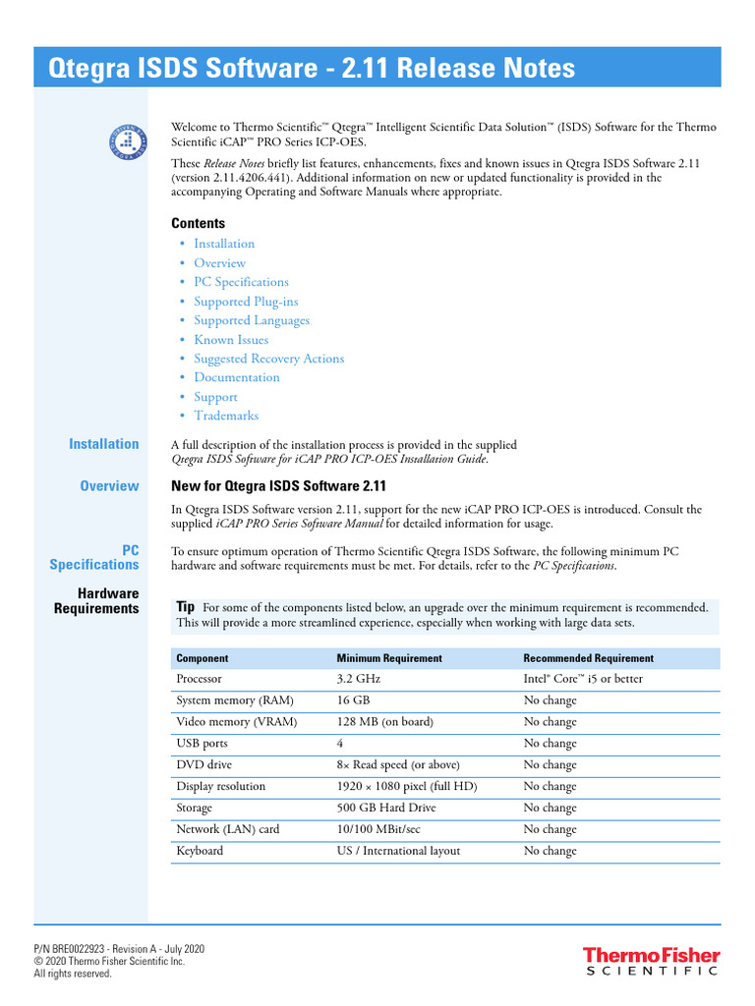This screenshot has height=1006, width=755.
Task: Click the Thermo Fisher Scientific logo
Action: pos(651,961)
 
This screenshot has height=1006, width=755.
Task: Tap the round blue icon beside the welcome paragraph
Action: pos(127,142)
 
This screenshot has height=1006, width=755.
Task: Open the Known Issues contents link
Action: pos(231,340)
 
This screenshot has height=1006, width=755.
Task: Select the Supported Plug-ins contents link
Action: pos(246,302)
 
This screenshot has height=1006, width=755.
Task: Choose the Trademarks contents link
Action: pos(226,416)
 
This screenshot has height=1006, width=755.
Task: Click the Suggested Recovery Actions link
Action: pos(268,359)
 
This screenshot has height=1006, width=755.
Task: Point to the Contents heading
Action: pos(198,223)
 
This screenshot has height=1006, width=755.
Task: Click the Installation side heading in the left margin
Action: pos(103,444)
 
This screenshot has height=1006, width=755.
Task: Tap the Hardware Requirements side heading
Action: pos(96,601)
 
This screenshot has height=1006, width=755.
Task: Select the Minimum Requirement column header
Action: pos(389,658)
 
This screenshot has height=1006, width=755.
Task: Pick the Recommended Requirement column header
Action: pos(588,658)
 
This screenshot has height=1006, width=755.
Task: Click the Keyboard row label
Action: pos(200,851)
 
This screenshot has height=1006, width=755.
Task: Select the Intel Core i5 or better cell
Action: pos(582,679)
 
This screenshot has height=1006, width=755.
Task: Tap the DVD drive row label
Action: pos(204,764)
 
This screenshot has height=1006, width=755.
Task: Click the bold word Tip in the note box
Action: pos(185,607)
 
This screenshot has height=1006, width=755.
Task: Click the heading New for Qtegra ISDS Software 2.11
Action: pos(279,486)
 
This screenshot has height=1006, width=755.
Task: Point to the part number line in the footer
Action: pos(119,949)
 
